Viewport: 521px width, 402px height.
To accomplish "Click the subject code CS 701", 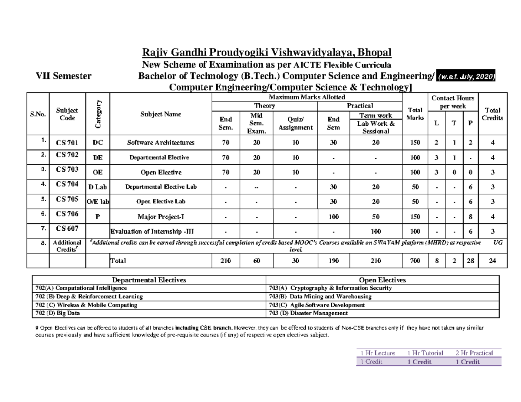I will (67, 142).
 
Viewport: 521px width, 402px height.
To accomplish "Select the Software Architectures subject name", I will (161, 142).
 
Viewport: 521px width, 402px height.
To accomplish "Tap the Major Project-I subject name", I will (161, 216).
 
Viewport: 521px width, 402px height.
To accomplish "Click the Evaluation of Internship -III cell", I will (150, 232).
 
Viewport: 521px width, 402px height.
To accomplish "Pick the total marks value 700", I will (415, 261).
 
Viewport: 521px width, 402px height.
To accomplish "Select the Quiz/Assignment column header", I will (295, 124).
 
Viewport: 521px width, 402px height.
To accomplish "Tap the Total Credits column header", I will (492, 114).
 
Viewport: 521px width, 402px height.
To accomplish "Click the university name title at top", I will (267, 53).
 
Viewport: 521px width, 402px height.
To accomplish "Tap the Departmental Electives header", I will (149, 280).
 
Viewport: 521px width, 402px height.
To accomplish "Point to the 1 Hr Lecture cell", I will (377, 353).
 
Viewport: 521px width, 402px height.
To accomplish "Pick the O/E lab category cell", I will (98, 202).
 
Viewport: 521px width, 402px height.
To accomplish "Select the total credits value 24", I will (492, 261).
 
